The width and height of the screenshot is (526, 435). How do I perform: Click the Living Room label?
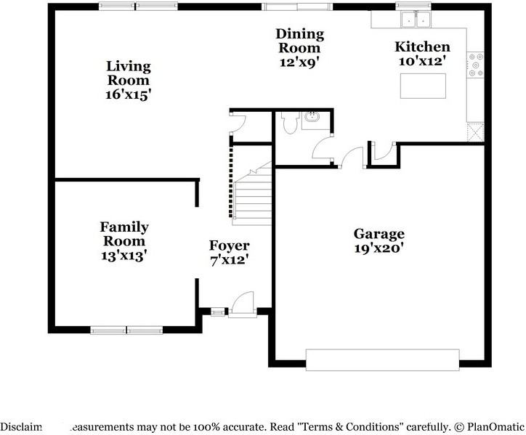[x=129, y=73]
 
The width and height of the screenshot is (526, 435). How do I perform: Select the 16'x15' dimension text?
[x=129, y=94]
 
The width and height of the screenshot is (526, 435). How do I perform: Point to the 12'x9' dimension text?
[x=299, y=62]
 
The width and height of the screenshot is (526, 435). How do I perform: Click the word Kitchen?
[x=421, y=47]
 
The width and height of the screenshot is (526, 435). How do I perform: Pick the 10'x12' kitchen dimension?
[x=421, y=62]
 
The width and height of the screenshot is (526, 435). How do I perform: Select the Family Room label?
[x=124, y=234]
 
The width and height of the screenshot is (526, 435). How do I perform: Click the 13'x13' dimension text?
[x=124, y=256]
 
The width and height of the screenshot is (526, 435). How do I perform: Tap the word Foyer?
[x=229, y=245]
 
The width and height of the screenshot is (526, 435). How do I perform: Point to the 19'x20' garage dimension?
[x=379, y=248]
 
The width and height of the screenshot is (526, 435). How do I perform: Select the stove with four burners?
[x=475, y=66]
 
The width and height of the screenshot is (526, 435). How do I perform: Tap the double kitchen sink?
[x=416, y=19]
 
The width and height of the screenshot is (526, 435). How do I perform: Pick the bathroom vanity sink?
[x=315, y=118]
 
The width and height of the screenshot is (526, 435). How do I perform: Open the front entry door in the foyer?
[x=240, y=306]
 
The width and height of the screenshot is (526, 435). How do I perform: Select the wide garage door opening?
[x=382, y=359]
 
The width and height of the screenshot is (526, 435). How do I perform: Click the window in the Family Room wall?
[x=127, y=330]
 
